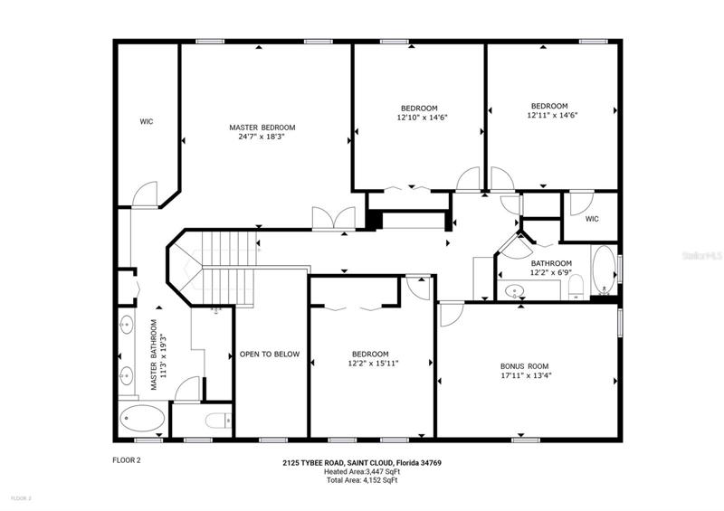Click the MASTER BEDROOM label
click(262, 128)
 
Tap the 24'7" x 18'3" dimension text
click(262, 137)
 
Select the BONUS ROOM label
click(525, 366)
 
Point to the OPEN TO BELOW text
click(270, 354)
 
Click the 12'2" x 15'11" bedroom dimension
click(373, 364)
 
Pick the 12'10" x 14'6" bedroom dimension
click(423, 118)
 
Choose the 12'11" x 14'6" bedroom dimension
click(553, 115)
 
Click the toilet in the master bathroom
click(218, 421)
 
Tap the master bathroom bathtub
click(142, 418)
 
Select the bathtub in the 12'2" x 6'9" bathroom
click(604, 270)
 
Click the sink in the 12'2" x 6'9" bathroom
click(514, 291)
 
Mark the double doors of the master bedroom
click(334, 218)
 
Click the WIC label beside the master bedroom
click(147, 122)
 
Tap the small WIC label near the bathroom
click(592, 219)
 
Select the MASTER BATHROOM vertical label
click(157, 355)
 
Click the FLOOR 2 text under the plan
click(126, 460)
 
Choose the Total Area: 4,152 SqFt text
click(362, 480)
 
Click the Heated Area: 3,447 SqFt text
click(362, 471)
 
